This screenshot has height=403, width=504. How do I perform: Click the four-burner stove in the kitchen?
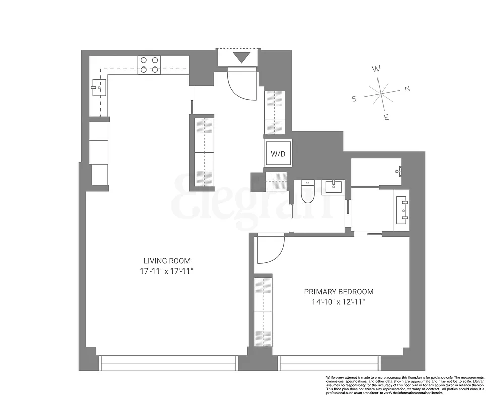(149, 64)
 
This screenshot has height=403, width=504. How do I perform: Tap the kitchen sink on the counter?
(97, 88)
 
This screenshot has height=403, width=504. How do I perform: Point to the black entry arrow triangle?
(241, 57)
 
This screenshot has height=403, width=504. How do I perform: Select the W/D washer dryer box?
(278, 153)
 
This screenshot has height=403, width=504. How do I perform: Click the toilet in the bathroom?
(306, 192)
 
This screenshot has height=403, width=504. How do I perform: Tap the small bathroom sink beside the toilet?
(333, 187)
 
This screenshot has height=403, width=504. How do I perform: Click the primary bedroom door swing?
(270, 249)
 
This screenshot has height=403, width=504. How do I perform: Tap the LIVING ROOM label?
(167, 261)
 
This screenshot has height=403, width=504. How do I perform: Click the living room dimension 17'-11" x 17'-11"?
(167, 271)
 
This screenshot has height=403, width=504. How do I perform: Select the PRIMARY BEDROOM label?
(339, 292)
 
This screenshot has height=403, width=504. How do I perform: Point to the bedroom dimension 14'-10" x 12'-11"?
(339, 302)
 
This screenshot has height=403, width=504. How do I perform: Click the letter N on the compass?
(407, 89)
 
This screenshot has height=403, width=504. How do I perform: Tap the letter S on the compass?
(354, 99)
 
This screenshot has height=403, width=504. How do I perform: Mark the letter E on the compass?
(386, 118)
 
